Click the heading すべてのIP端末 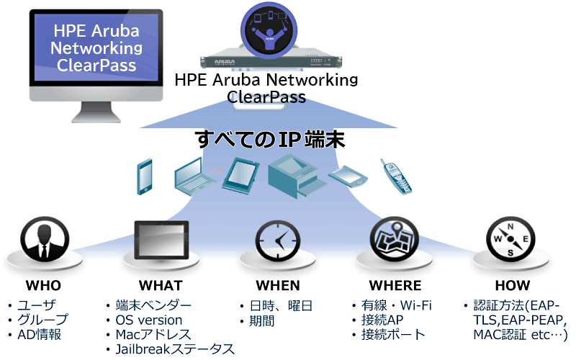click(x=269, y=138)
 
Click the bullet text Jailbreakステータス click(x=175, y=348)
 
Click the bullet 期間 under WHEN click(x=260, y=320)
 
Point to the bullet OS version click(x=149, y=320)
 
